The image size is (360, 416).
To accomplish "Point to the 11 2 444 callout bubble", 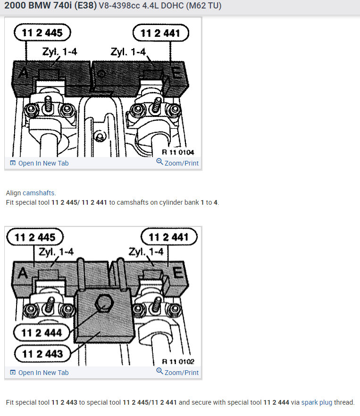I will tap(42, 333).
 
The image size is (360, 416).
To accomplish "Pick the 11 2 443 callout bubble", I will tap(42, 353).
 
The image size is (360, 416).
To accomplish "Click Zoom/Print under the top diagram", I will tap(178, 163).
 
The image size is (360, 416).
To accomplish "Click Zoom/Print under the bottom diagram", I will tap(178, 373).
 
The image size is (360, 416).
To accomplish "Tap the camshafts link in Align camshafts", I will tap(39, 193).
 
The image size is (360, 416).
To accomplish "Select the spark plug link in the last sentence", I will tap(316, 402).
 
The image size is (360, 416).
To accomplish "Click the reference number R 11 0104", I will tap(178, 152).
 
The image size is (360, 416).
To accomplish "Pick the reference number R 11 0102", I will tap(178, 362).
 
